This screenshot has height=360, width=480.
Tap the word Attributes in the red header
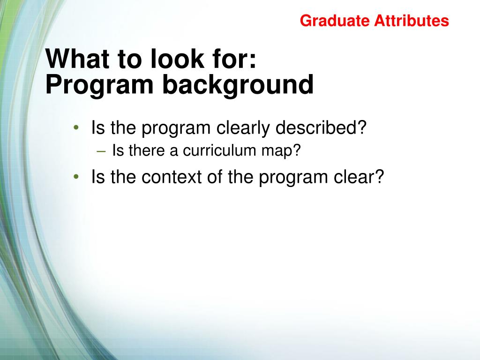(x=412, y=21)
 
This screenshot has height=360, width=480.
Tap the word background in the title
(x=238, y=85)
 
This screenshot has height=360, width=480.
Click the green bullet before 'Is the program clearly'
(x=76, y=127)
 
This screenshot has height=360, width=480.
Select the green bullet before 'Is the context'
(x=76, y=177)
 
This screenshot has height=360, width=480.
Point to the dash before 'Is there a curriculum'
(x=101, y=151)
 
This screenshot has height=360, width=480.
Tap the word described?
(x=321, y=127)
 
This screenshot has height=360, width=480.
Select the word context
(x=171, y=177)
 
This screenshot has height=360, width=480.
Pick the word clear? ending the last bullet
(x=359, y=177)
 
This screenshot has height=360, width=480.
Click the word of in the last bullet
(x=214, y=177)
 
